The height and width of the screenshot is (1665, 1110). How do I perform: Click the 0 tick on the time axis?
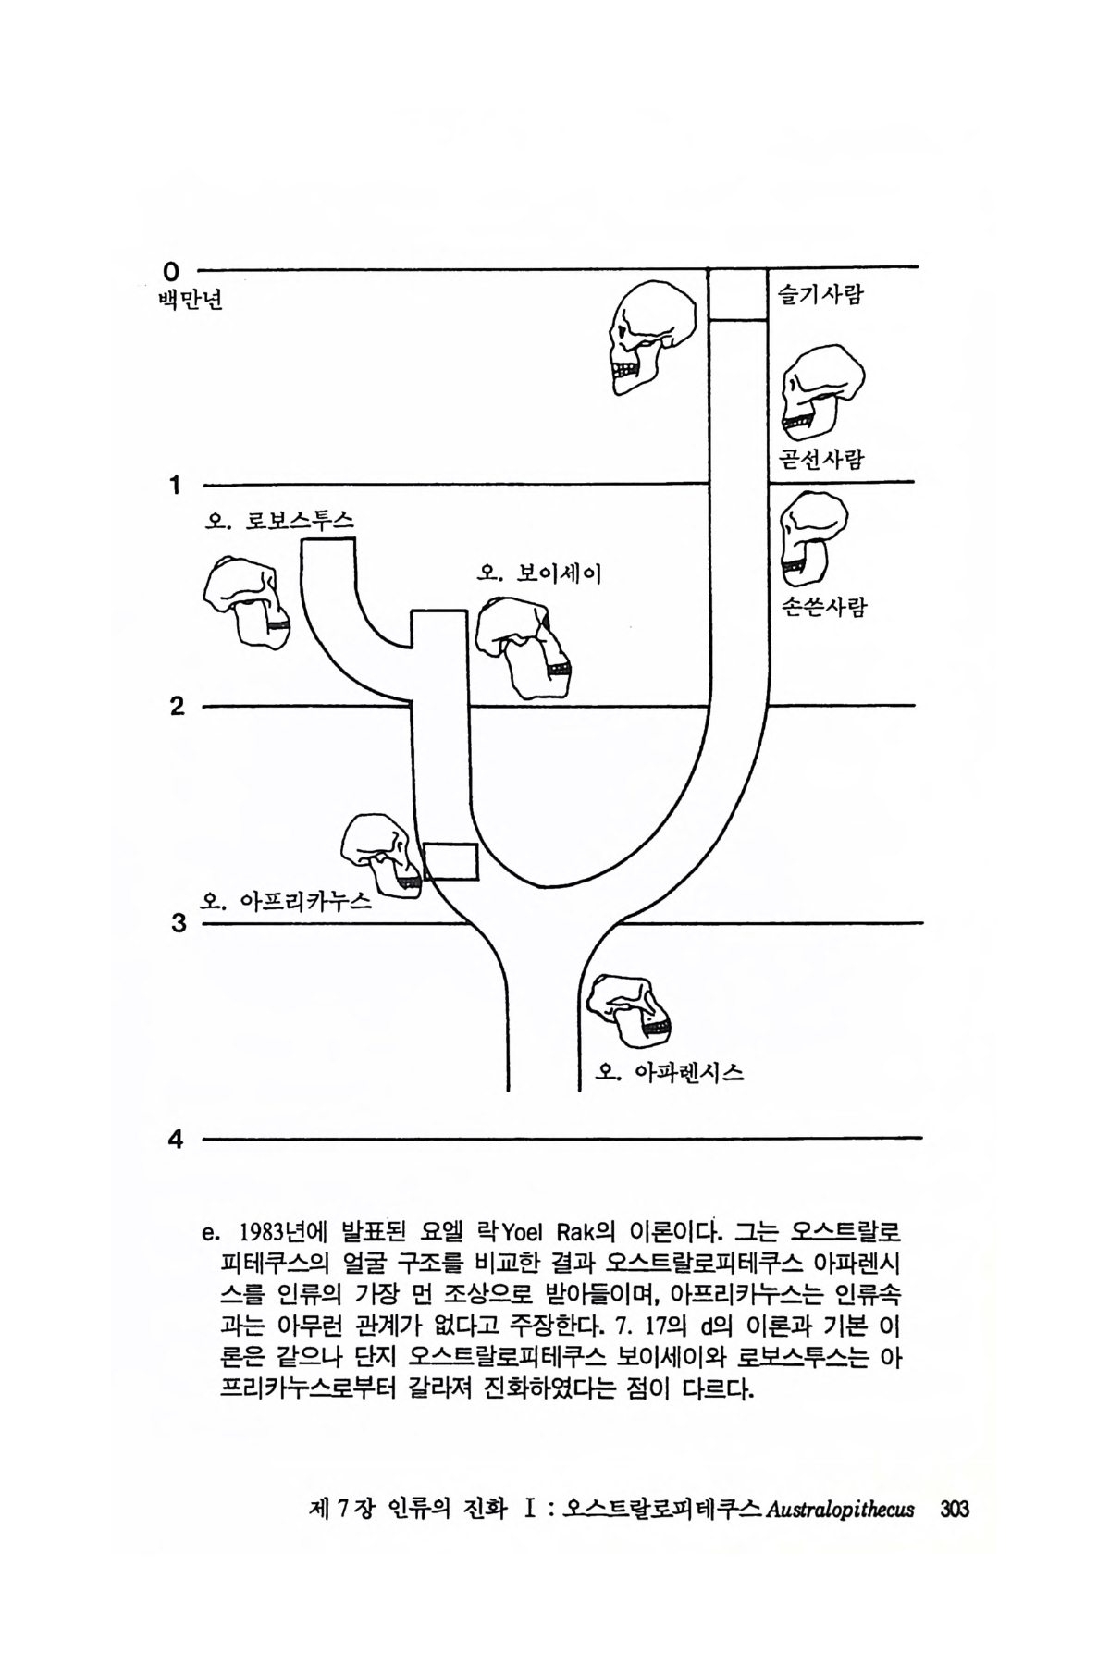tap(170, 271)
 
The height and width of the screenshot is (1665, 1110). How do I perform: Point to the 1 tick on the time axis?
tap(174, 484)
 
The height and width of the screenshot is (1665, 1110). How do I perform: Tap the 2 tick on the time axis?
tap(176, 707)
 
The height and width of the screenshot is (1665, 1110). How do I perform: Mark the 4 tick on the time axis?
tap(175, 1140)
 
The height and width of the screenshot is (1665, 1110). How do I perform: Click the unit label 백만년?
tap(191, 302)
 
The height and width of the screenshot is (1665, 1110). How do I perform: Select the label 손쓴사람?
tap(823, 608)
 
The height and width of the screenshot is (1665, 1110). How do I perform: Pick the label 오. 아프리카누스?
tap(286, 900)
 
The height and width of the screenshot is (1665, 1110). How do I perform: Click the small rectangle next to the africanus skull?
tap(450, 862)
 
